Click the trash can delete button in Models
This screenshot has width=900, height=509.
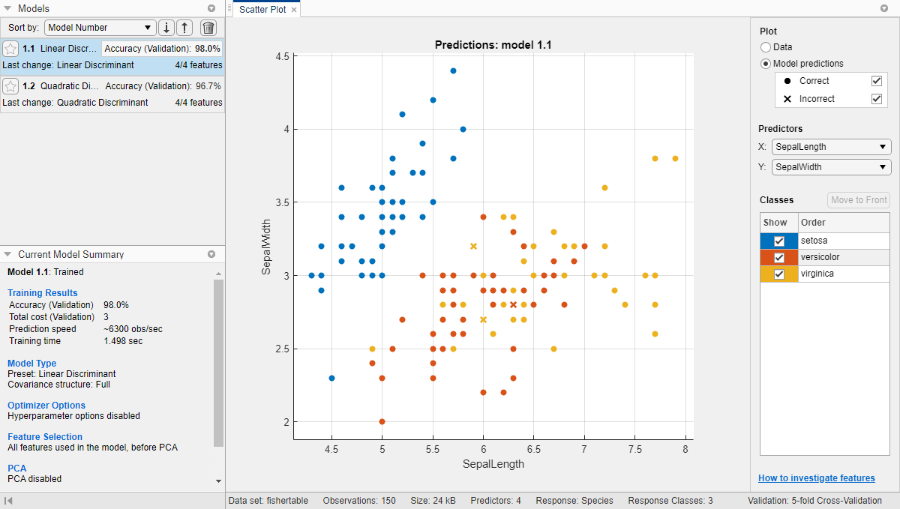(208, 28)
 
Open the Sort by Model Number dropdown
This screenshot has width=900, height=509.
(100, 28)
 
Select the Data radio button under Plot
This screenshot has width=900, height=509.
(766, 47)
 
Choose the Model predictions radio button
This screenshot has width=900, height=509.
(766, 64)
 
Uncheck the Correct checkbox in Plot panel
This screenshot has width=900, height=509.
(876, 81)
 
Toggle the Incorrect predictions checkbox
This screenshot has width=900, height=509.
(876, 99)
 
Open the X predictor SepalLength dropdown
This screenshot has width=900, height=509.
(831, 147)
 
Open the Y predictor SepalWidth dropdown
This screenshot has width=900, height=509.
(831, 167)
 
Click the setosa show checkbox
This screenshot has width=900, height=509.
(779, 241)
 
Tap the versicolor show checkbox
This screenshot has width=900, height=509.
(779, 257)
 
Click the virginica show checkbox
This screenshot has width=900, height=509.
(779, 274)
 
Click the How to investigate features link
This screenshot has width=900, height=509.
(816, 478)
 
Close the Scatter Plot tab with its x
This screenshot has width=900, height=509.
(294, 10)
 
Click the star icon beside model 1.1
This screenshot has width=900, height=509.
(10, 49)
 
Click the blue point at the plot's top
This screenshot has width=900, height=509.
(453, 70)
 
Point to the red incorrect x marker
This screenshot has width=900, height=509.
(513, 304)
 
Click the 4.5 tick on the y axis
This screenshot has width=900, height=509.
(282, 56)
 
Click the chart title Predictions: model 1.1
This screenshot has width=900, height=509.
(493, 45)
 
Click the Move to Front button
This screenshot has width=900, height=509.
(859, 199)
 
